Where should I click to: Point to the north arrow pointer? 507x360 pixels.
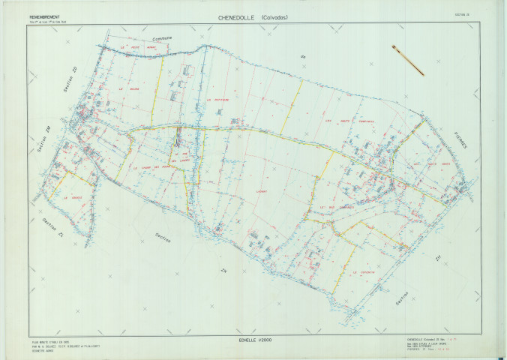coord(407,60)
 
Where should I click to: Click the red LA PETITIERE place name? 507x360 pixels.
coord(216,97)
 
